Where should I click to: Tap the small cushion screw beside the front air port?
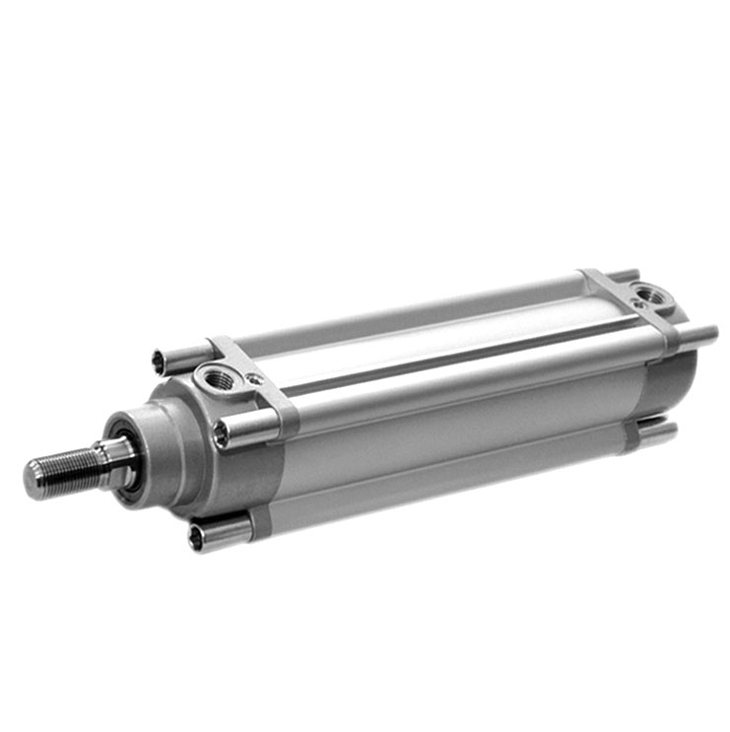tap(255, 377)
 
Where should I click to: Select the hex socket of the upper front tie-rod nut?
tap(159, 363)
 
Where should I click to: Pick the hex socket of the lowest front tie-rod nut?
tap(196, 537)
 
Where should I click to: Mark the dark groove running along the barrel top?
tap(463, 355)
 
